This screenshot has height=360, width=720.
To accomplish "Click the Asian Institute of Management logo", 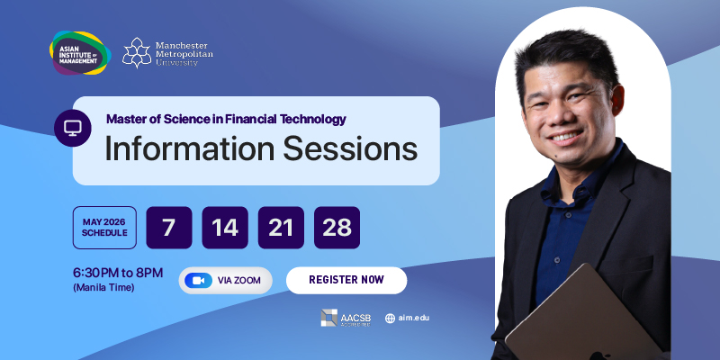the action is [x=80, y=53].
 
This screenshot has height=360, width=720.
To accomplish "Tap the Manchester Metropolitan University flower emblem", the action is [x=137, y=53].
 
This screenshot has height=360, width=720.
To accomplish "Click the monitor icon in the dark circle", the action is [x=73, y=128].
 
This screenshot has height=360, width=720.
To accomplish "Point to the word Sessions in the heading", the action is [x=350, y=148].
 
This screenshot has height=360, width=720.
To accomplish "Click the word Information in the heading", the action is [x=190, y=148].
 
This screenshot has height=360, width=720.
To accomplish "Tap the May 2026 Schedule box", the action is [x=104, y=228].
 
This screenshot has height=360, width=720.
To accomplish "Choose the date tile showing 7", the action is [x=169, y=228].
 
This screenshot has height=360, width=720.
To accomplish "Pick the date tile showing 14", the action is [x=225, y=228].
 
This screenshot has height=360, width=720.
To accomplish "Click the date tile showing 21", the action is [x=281, y=228].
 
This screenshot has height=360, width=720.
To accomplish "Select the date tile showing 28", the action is [x=337, y=228].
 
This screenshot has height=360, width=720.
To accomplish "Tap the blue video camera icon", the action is [x=198, y=281].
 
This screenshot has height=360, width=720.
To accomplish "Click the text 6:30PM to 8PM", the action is [x=118, y=274].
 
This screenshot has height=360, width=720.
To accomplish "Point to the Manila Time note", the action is [x=103, y=288].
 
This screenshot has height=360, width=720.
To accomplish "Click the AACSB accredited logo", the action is [x=346, y=318].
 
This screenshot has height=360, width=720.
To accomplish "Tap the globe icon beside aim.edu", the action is [x=390, y=319].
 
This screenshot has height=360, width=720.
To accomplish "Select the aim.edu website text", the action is [x=414, y=318].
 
